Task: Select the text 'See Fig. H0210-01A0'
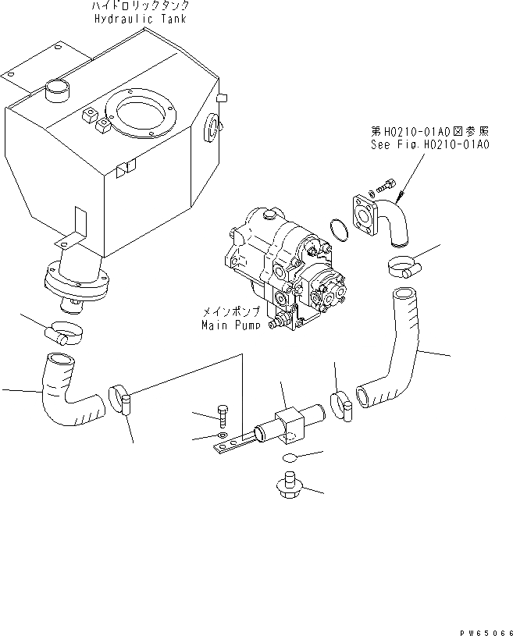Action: [x=429, y=145]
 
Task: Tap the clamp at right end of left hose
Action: [x=121, y=397]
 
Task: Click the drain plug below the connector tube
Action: [x=290, y=485]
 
